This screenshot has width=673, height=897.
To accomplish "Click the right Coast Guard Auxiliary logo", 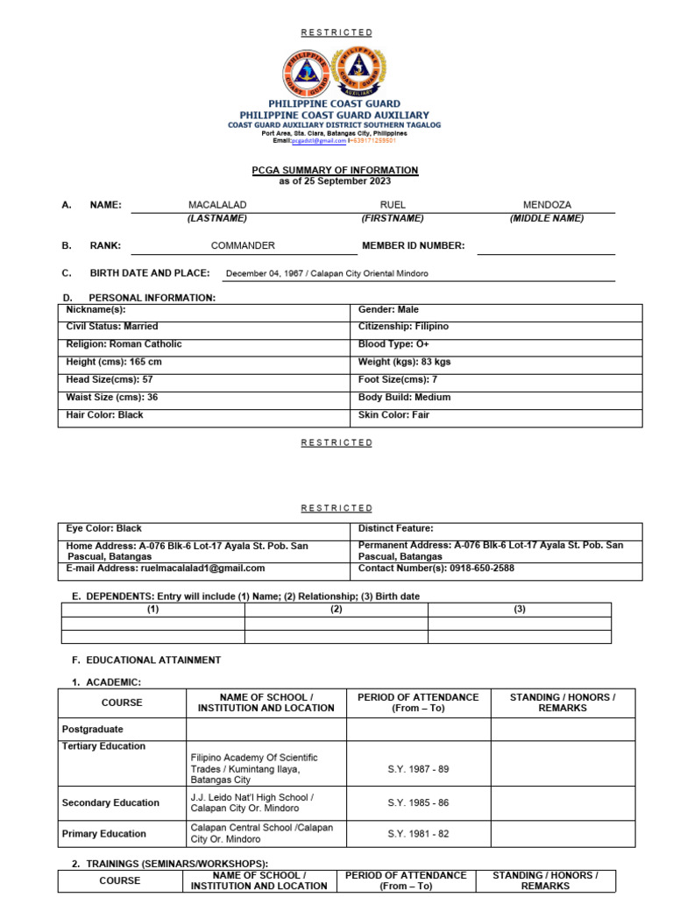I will coord(361,71).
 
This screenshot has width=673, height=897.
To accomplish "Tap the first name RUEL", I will coord(393,205).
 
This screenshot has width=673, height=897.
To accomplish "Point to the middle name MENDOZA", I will coord(546,205).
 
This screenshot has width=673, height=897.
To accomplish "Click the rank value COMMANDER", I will coord(243,246).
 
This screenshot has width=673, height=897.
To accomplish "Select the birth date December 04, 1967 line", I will coord(327,273).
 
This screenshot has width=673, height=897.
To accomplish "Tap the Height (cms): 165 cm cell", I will coord(115,362).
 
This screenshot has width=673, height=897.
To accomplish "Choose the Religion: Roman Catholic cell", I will coord(124,344).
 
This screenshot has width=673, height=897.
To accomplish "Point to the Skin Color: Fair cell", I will coord(394,415).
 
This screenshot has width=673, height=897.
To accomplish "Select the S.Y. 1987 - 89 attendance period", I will coord(418,769).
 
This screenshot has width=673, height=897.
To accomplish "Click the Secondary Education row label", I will coord(111,802).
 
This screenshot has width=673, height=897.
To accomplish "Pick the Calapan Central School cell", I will coord(262,834).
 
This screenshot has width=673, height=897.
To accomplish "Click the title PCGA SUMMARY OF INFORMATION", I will coord(336,170).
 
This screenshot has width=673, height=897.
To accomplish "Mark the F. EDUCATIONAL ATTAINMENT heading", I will coord(146,660).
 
